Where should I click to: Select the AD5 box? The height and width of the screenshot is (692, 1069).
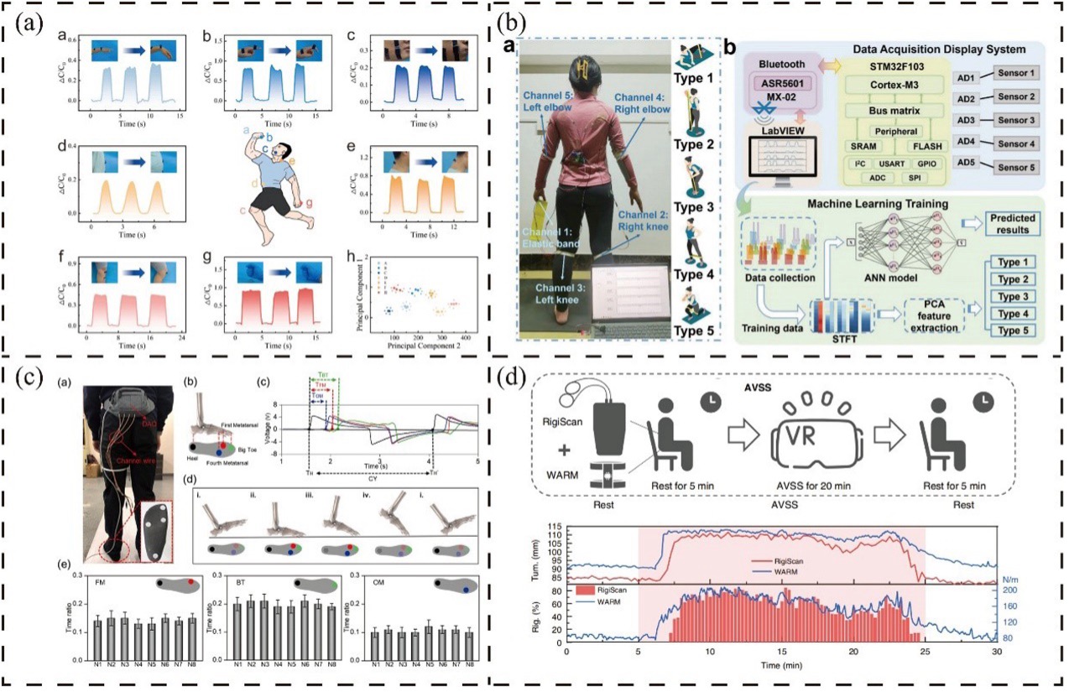point(954,167)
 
